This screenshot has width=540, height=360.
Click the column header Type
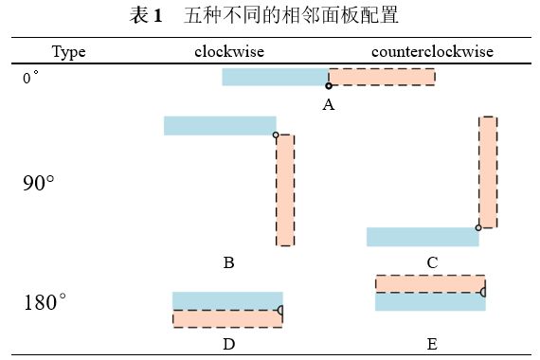[69, 51]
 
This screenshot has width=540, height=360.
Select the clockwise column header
[228, 51]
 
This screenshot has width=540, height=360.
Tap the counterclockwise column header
[432, 51]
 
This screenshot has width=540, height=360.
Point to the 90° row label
[39, 183]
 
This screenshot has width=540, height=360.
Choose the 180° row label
[45, 303]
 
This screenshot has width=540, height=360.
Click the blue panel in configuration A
[275, 77]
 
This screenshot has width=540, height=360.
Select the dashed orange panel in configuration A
[382, 77]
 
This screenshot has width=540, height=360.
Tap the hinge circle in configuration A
[329, 86]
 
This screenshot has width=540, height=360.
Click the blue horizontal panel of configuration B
[220, 125]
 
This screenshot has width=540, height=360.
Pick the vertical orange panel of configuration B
[285, 189]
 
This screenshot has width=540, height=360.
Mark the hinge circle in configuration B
[276, 135]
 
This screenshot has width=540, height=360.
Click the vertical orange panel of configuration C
[487, 171]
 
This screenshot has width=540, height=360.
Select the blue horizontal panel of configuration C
[423, 237]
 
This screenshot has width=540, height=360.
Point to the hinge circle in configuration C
[478, 227]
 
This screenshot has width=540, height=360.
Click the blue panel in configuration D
[227, 300]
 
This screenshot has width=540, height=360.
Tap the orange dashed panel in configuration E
[430, 284]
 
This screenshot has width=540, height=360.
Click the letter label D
[228, 344]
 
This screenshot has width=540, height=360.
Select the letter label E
[432, 344]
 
